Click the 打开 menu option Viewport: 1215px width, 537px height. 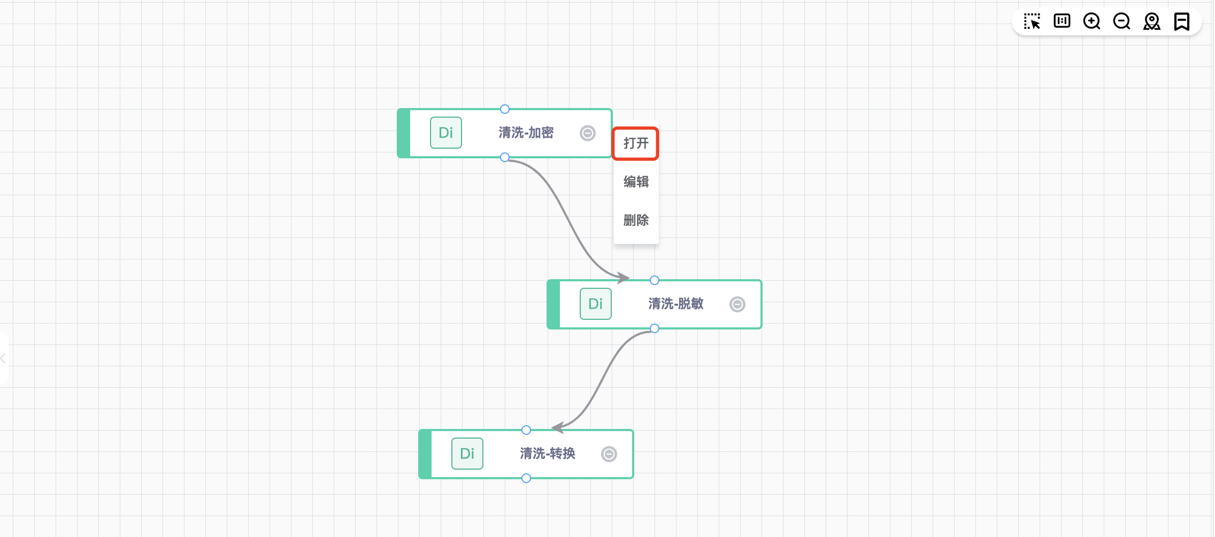coord(636,143)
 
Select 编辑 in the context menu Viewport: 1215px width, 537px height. coord(636,182)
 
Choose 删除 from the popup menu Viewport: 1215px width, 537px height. coord(636,220)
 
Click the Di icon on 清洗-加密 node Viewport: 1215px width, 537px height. coord(445,133)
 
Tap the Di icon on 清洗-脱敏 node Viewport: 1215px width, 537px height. coord(595,304)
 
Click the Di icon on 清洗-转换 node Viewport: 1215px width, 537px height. coord(467,454)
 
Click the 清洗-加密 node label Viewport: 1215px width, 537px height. coord(526,133)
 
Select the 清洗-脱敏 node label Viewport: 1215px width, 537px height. coord(675,304)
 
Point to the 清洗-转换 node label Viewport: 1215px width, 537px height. coord(547,454)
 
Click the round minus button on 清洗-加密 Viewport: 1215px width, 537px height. coord(587,133)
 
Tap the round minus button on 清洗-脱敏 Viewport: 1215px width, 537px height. coord(737,304)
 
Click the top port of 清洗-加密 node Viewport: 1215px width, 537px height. coord(504,109)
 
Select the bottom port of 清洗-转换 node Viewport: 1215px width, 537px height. coord(526,478)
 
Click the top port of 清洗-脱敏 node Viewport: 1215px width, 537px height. coord(654,280)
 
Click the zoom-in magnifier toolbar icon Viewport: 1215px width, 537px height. coord(1091,21)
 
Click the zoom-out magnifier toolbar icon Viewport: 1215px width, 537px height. coord(1121,21)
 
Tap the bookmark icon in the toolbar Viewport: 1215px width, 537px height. coord(1181,21)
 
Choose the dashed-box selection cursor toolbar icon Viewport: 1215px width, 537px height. coord(1032,21)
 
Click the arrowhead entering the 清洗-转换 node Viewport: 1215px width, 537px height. coord(558,427)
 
